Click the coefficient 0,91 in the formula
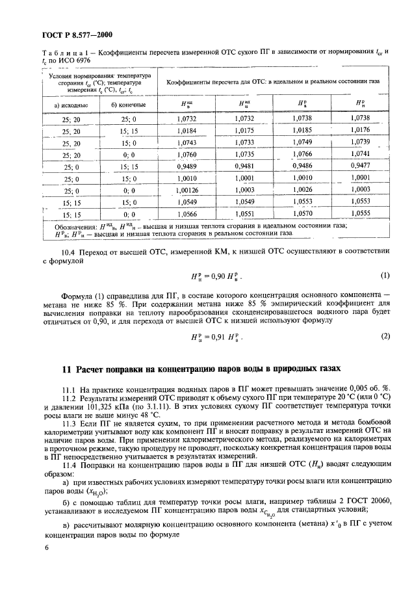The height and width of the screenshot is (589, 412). [212, 336]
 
